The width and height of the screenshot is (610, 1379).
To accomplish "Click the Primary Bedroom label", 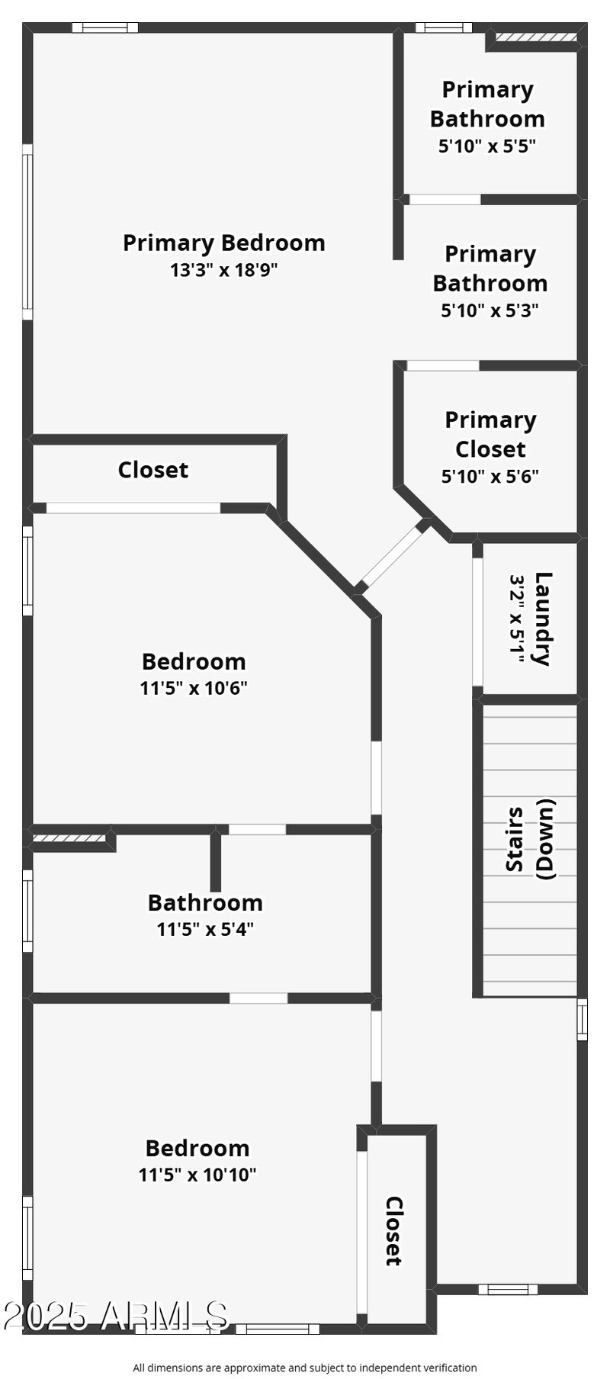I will [x=223, y=243].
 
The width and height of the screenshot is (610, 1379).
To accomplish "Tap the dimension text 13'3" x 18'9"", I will [x=223, y=269].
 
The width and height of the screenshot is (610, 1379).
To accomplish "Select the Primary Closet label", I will [x=490, y=434].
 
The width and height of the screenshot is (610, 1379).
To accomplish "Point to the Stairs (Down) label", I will [x=531, y=838].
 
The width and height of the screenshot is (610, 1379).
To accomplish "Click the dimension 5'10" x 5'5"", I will [x=487, y=146].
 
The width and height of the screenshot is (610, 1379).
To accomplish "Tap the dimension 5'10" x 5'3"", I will [x=490, y=310].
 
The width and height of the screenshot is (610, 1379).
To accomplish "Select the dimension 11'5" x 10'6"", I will [x=194, y=688].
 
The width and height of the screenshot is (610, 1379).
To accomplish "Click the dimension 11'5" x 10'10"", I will [x=197, y=1175].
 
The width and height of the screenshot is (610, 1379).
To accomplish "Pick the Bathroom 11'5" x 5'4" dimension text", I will [x=204, y=929].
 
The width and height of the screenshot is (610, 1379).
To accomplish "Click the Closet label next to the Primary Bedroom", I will [x=152, y=470].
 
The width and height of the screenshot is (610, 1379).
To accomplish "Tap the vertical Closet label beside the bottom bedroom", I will [x=394, y=1231].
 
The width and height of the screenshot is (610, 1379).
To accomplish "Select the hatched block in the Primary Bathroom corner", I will [x=535, y=36].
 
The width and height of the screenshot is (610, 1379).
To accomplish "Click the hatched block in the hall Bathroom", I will [x=69, y=837].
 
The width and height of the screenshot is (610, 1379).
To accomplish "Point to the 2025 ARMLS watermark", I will [x=115, y=1315].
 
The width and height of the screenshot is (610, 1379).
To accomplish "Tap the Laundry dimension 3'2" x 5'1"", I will [x=518, y=619].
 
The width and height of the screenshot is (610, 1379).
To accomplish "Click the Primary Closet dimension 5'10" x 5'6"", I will [x=490, y=476].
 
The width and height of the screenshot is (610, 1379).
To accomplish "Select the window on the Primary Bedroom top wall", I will [x=105, y=28].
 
